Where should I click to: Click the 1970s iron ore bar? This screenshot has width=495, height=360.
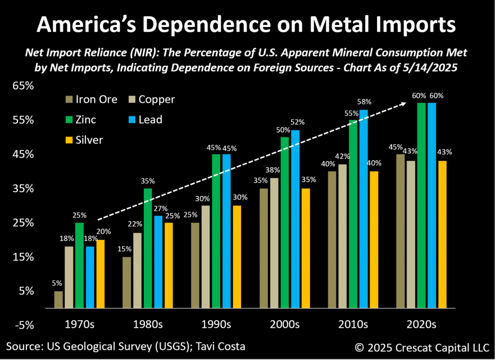coord(58,299)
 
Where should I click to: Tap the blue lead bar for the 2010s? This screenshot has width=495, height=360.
coord(363,208)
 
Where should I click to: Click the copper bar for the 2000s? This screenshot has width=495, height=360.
coord(274,243)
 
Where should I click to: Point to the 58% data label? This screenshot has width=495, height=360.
coord(364,103)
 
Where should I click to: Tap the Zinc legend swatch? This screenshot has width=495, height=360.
coord(69,120)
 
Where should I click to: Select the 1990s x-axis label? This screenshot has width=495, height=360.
coord(216,325)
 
